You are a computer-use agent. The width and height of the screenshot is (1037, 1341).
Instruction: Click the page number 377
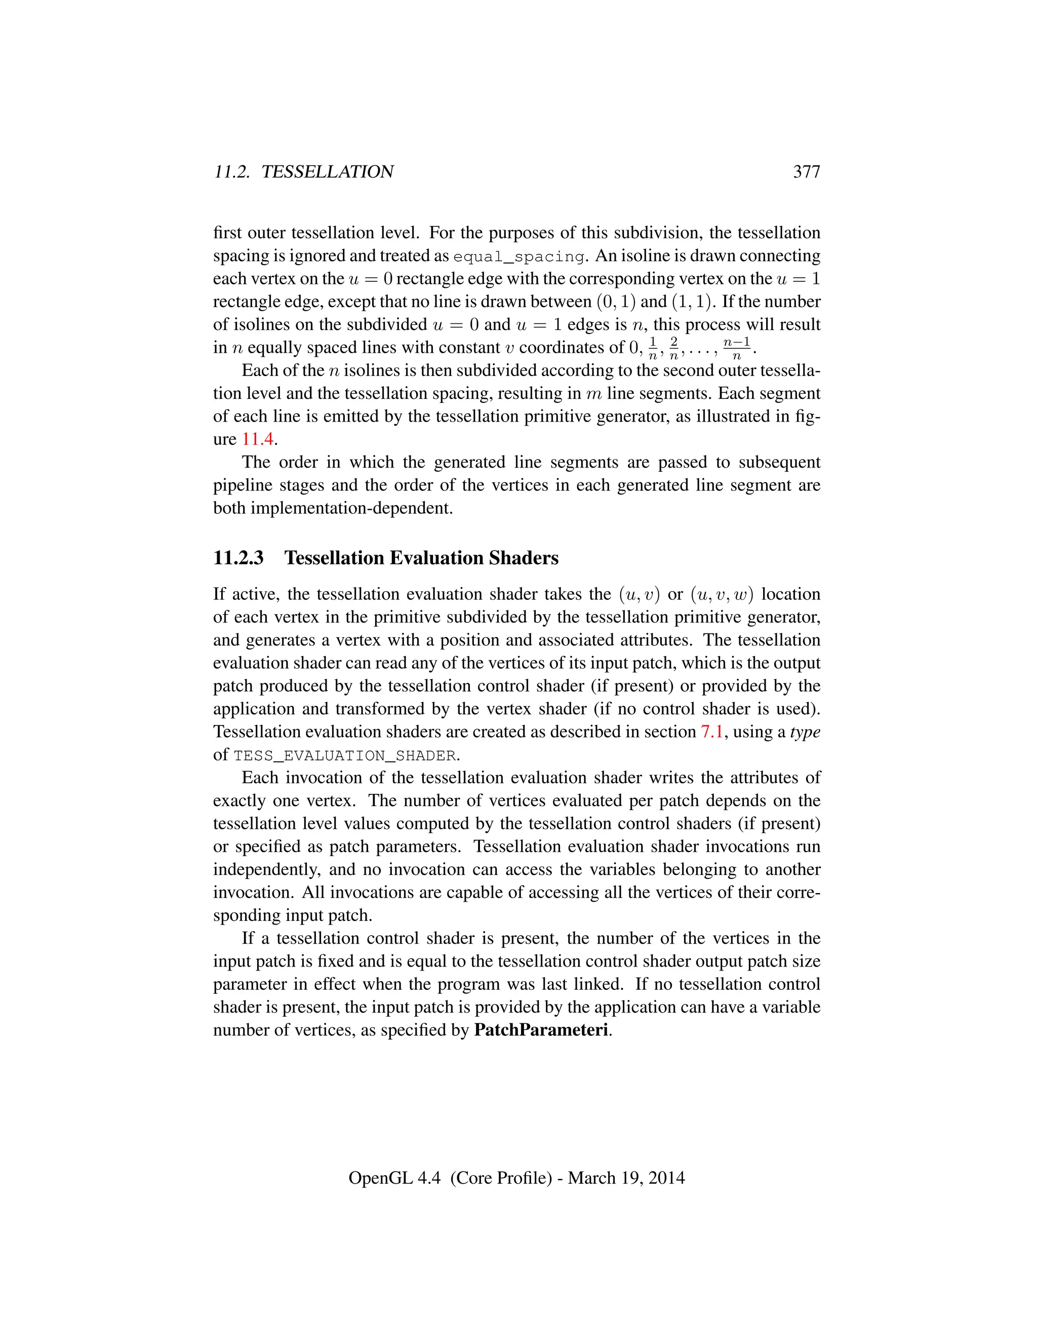[x=806, y=172]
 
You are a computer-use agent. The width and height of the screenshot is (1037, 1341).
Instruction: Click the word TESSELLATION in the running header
[x=328, y=172]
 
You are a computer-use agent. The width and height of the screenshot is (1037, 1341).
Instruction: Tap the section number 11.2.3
[x=238, y=558]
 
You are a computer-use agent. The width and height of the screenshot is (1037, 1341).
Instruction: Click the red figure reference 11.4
[x=257, y=440]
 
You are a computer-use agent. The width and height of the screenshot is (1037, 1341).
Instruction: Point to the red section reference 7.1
[x=711, y=732]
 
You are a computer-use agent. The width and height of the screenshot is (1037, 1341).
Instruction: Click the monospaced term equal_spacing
[x=518, y=256]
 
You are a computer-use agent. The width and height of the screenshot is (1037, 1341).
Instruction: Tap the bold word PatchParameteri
[x=541, y=1030]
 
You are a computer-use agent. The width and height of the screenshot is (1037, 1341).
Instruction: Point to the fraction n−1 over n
[x=737, y=348]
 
